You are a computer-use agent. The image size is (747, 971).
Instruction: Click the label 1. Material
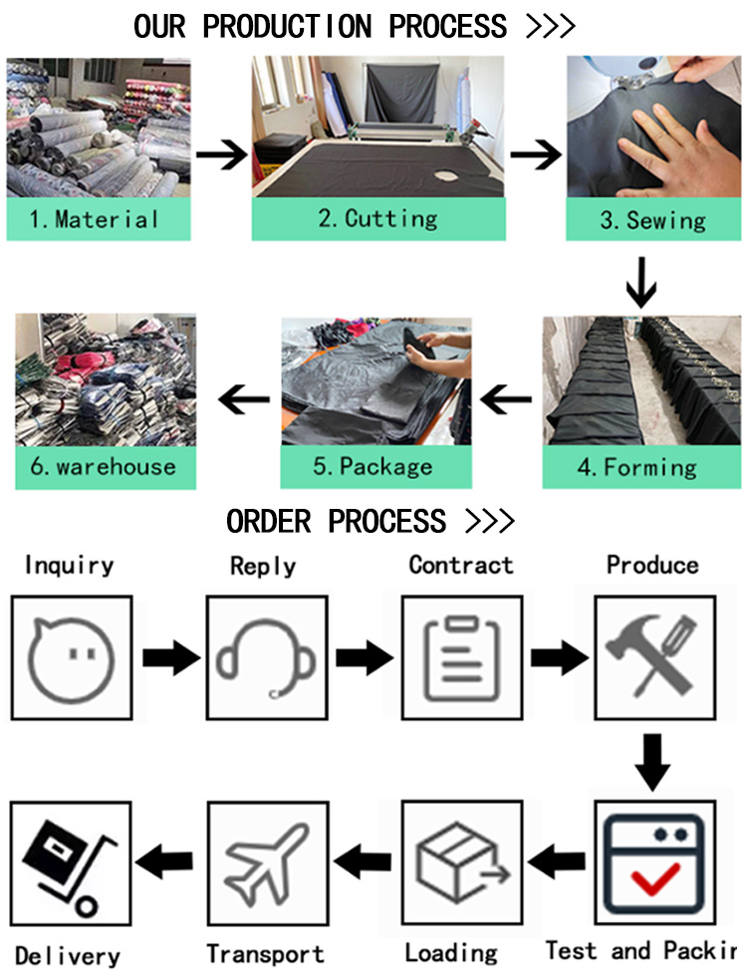click(94, 219)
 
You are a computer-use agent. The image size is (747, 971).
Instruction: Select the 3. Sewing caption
click(653, 219)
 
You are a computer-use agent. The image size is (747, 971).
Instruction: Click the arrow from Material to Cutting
click(221, 155)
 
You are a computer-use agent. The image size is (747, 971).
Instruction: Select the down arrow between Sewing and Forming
click(642, 284)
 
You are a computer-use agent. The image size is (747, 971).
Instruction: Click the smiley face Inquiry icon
click(71, 656)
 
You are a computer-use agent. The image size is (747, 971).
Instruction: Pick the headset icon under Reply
click(266, 656)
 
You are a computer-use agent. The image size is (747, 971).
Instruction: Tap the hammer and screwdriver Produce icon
click(653, 656)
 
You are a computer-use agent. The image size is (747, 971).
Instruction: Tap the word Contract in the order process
click(461, 565)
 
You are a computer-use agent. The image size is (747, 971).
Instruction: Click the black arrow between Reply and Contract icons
click(363, 658)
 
